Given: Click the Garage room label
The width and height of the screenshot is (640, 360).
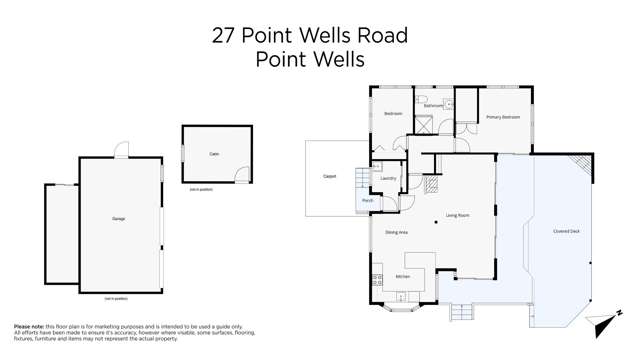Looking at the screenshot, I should (x=119, y=218).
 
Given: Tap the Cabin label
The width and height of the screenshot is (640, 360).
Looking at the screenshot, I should (x=214, y=154).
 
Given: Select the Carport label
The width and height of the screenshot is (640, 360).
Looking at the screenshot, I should (x=329, y=177).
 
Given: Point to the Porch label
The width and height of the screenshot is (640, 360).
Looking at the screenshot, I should (x=367, y=201).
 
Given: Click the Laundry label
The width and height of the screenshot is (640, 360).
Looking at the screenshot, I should (x=389, y=179).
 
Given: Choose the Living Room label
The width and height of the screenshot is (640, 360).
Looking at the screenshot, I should (x=457, y=215).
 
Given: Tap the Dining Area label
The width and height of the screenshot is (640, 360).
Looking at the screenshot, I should (x=396, y=232).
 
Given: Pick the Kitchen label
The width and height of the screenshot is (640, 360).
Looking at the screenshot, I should (x=402, y=276).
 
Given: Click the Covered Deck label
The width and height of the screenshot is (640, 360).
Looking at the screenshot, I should (x=566, y=231).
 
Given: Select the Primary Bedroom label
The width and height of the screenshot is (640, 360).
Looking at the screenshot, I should (x=503, y=117).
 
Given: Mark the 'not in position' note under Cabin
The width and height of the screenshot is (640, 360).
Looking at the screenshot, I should (x=201, y=189).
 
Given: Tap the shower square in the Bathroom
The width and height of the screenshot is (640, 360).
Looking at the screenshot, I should (x=424, y=124).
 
